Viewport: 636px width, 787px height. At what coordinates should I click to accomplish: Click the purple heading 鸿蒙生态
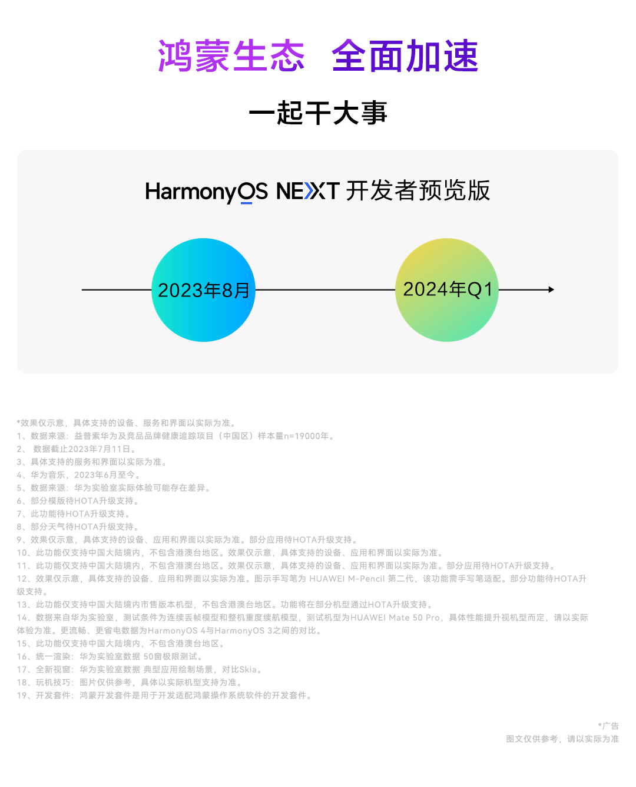[231, 57]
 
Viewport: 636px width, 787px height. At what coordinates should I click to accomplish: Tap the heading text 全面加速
[405, 57]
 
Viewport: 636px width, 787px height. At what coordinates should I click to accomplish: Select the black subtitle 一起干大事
[318, 113]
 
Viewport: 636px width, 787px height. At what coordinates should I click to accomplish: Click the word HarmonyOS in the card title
[206, 192]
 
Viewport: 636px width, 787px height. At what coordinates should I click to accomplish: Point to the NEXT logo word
[307, 192]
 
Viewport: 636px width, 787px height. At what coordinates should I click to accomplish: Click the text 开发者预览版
[418, 191]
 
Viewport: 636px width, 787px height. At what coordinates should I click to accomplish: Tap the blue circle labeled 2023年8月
[203, 290]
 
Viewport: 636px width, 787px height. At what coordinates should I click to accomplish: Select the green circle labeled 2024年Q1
[447, 289]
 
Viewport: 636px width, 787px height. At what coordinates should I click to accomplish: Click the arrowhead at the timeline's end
[551, 289]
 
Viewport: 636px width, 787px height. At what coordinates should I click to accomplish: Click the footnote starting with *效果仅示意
[127, 423]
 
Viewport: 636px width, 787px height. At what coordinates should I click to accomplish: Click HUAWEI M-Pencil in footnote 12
[347, 578]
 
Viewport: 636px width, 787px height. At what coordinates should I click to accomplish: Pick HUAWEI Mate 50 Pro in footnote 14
[395, 617]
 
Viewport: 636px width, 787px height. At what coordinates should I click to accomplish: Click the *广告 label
[608, 726]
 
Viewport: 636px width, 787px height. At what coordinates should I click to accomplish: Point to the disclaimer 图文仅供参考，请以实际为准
[562, 739]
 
